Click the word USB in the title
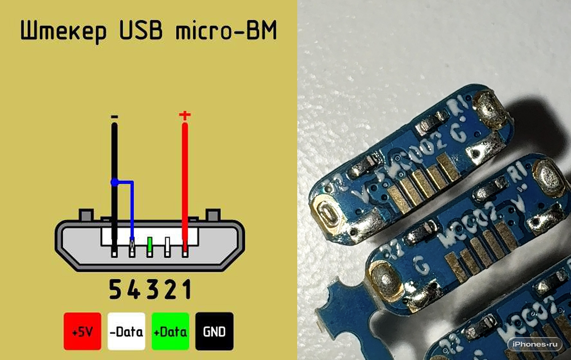[x=141, y=30]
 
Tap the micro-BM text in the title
[x=226, y=30]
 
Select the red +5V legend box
[x=82, y=331]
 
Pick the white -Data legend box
[x=126, y=331]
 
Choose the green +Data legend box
[x=170, y=331]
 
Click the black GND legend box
[x=214, y=331]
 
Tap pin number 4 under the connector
[x=134, y=290]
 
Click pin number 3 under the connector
[x=152, y=290]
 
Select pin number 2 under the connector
[x=170, y=290]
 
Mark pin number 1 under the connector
[x=186, y=290]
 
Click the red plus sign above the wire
[x=185, y=115]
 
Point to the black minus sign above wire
[x=114, y=116]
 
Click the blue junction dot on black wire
[x=114, y=183]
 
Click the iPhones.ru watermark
[x=534, y=344]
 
